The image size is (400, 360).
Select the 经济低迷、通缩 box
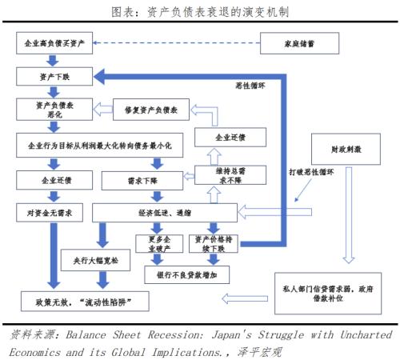pyautogui.click(x=164, y=211)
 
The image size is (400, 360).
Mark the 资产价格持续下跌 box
pyautogui.click(x=213, y=243)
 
